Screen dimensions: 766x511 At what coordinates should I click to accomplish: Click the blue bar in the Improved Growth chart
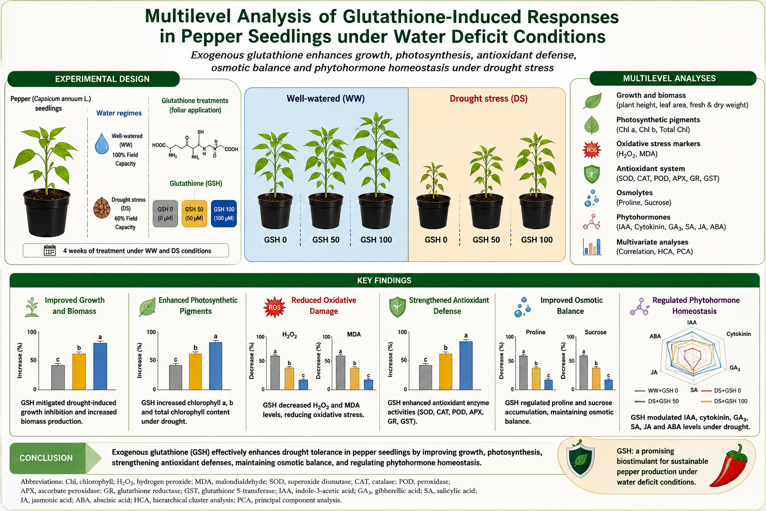[100, 366]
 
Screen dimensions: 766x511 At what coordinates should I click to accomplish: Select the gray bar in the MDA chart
[341, 373]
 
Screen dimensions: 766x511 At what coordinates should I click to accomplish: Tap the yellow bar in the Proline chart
[536, 379]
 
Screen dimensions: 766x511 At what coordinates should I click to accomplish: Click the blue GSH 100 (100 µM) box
[224, 214]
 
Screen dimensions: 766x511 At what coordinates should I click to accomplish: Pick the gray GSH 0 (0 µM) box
[165, 214]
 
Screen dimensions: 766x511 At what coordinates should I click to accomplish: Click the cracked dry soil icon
[102, 208]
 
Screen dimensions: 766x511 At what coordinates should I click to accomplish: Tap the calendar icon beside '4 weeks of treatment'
[50, 251]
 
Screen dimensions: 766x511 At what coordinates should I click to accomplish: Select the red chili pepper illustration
[729, 465]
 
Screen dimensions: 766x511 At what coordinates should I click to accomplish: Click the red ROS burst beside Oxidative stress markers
[591, 150]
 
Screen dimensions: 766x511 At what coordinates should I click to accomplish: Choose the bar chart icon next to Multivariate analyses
[592, 247]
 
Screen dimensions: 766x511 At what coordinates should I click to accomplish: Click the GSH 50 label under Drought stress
[486, 240]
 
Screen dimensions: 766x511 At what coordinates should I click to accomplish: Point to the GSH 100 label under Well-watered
[376, 240]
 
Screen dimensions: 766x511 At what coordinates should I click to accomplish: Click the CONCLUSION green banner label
[46, 458]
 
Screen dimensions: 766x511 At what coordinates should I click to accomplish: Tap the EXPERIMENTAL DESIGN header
[102, 79]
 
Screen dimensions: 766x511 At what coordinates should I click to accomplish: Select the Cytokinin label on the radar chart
[739, 334]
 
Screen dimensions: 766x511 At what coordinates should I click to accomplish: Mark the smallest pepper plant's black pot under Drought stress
[433, 212]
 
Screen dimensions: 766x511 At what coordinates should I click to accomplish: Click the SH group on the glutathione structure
[200, 132]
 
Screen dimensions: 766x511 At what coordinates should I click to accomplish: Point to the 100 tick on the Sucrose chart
[571, 337]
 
